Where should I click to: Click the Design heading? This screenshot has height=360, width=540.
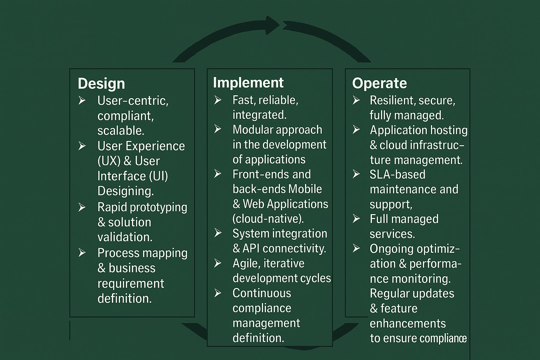(x=101, y=84)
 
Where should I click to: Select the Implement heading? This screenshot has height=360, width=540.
(x=248, y=83)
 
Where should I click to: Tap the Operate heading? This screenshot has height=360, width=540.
(x=379, y=83)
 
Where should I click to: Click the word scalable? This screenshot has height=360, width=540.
(x=121, y=131)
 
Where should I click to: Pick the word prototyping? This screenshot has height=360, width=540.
(x=159, y=207)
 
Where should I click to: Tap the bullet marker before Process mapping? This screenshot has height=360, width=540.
(x=82, y=253)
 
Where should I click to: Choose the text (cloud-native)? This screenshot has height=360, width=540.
(x=268, y=219)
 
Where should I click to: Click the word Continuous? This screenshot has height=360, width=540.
(x=262, y=293)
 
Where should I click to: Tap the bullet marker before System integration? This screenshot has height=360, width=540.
(x=218, y=233)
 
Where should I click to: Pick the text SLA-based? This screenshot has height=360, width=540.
(x=397, y=174)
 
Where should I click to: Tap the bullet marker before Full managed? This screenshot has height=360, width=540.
(x=356, y=219)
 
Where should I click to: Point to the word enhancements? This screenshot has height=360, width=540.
(x=407, y=323)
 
